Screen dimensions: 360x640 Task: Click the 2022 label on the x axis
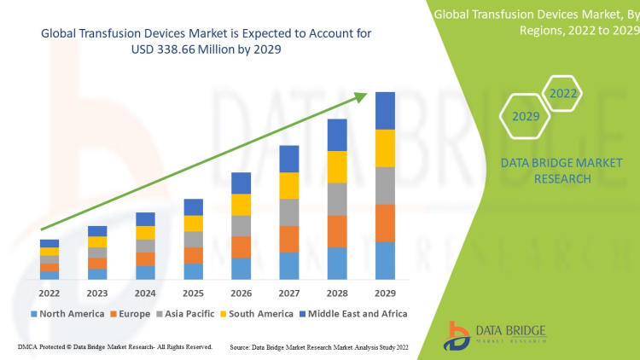pos(49,293)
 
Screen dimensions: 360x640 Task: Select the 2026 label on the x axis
pos(241,293)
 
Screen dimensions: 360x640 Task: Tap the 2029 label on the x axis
pos(386,293)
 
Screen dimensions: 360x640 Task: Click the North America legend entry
pos(72,314)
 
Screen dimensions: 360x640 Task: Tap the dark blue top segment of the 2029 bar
pos(386,110)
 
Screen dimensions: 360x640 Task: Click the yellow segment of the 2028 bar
pos(337,166)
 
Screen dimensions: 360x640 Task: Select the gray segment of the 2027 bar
pos(289,212)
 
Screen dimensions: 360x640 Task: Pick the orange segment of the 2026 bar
pos(241,247)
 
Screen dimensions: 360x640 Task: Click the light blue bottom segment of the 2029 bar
pos(386,260)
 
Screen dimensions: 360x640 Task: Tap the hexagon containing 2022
pos(563,93)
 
